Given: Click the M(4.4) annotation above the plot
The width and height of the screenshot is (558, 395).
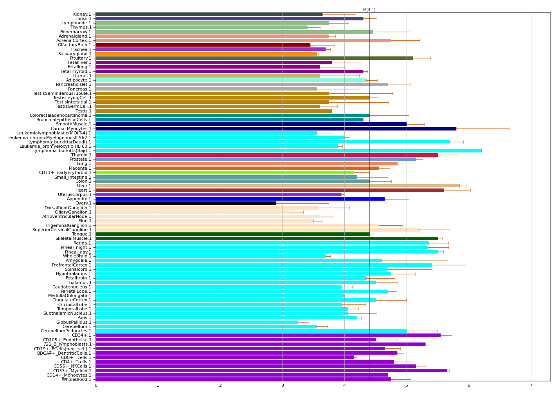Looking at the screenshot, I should tap(369, 10).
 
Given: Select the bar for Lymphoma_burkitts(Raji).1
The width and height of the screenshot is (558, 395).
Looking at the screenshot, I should tap(288, 150).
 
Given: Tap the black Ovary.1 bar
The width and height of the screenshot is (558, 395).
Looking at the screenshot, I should tap(185, 203).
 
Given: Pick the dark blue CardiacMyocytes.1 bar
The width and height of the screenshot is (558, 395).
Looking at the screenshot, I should tap(276, 129).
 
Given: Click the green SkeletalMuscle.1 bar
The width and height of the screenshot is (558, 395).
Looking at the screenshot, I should tap(266, 238).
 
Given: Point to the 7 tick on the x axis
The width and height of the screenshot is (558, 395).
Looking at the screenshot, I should tap(531, 386).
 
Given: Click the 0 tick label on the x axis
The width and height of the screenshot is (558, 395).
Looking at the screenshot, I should tap(96, 386).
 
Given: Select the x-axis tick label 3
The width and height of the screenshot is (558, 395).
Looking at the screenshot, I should tap(282, 386).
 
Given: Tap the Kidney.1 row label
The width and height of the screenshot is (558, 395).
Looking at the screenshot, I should tap(82, 14).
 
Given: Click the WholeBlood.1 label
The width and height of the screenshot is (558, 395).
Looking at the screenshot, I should tap(76, 379).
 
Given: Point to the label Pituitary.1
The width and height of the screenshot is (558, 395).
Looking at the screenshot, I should tap(81, 58).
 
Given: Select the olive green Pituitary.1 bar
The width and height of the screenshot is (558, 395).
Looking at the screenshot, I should tap(254, 58).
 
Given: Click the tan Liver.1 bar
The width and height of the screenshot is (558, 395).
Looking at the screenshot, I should tap(277, 186).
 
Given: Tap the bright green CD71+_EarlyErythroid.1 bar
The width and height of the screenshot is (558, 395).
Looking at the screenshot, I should tap(225, 172).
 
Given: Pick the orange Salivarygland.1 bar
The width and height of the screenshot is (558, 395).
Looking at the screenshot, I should tap(206, 54).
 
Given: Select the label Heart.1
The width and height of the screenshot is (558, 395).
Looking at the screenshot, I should tap(83, 190).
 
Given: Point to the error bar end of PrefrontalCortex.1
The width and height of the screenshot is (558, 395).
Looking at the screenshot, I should tap(467, 265).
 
